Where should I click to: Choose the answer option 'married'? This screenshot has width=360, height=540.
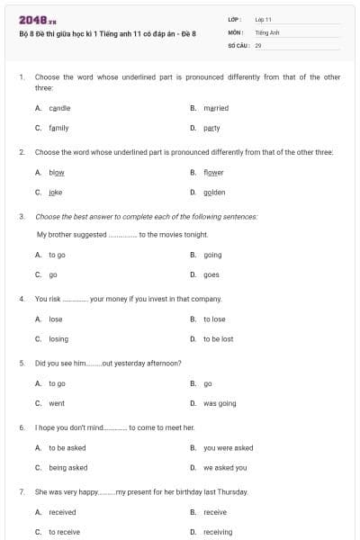point(215,108)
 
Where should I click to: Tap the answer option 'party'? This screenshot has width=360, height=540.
point(211,128)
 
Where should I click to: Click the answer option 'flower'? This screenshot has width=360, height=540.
point(213,172)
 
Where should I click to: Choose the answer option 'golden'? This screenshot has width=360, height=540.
point(214,192)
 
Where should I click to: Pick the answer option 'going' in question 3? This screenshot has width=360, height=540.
point(212,255)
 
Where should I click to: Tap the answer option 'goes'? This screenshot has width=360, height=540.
point(211,274)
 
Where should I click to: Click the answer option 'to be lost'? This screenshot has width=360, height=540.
point(218,338)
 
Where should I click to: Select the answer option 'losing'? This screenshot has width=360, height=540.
point(58,338)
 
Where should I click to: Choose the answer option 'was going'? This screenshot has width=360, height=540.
point(220,403)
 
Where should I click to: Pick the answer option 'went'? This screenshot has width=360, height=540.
point(57,403)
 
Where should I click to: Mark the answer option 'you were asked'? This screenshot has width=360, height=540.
point(228,447)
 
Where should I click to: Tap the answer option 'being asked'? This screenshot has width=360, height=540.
point(68,467)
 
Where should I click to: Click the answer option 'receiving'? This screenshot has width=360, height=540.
point(218,532)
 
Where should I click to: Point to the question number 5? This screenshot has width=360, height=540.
point(22,363)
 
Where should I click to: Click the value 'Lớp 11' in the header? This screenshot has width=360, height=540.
point(264,18)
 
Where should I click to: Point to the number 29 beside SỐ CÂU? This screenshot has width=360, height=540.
point(258,44)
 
